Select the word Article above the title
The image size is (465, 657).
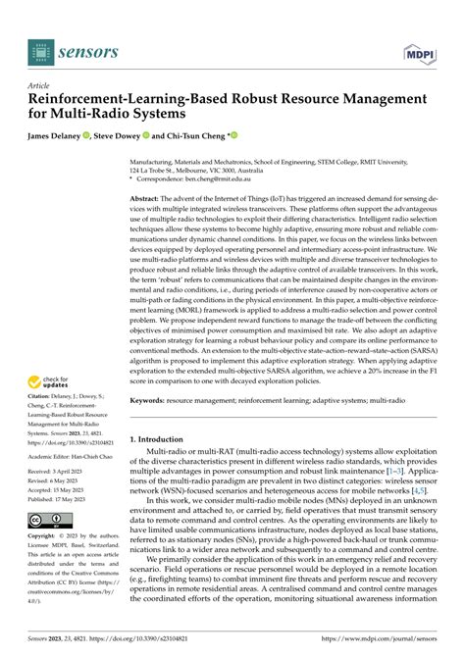[40, 85]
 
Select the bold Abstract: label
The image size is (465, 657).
[150, 198]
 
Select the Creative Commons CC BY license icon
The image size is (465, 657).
[49, 520]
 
